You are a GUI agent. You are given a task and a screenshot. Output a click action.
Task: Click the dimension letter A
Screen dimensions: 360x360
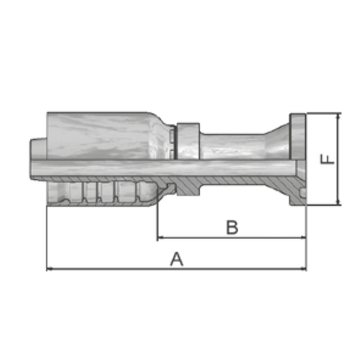coord(176,259)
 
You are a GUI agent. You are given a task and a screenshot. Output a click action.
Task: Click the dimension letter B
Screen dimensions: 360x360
coord(232,228)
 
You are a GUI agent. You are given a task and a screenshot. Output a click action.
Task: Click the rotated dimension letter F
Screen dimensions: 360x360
coord(327,159)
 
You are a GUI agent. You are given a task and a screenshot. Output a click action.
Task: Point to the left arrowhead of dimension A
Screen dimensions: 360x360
coord(50,269)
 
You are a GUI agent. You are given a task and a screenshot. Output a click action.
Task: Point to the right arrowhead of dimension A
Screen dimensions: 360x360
coord(303,269)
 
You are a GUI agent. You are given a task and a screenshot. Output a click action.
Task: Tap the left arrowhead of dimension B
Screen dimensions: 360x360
coord(161,237)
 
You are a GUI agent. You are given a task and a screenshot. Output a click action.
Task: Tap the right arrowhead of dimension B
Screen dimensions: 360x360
coord(303,237)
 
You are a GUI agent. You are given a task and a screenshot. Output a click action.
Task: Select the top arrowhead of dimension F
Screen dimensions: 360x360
coord(338,116)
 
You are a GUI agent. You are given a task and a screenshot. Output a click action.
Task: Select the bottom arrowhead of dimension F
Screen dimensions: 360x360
coord(338,202)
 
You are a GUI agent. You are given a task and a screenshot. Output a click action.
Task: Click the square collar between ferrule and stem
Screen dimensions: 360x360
coord(188,141)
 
